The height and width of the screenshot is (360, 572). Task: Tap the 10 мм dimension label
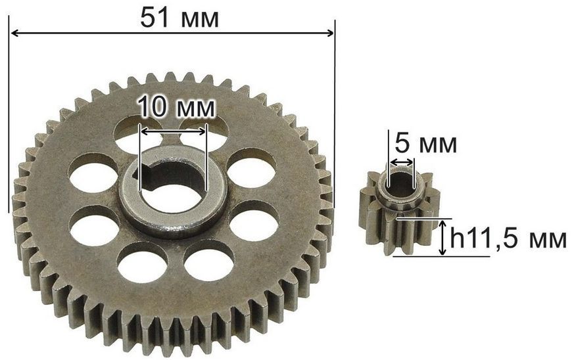point(176,107)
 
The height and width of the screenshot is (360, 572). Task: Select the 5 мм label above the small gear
point(426,144)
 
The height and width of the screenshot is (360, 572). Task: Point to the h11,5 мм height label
point(508,238)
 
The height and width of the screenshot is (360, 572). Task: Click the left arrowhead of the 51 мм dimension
point(14,34)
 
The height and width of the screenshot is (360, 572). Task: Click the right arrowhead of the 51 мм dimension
point(330,34)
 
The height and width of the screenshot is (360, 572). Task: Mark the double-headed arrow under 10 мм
point(173,131)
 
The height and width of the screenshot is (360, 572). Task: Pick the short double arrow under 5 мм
point(401,162)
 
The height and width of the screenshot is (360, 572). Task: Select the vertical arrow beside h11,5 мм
point(442,238)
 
